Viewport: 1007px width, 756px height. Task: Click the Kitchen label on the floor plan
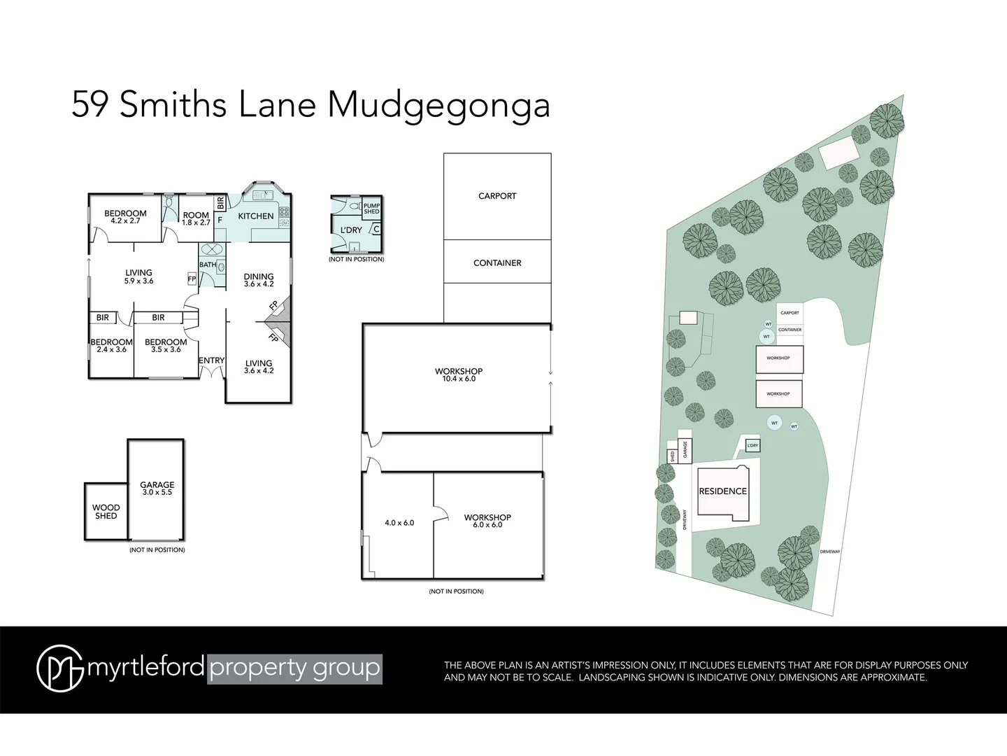pyautogui.click(x=255, y=216)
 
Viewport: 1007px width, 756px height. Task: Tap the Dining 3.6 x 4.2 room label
pyautogui.click(x=258, y=280)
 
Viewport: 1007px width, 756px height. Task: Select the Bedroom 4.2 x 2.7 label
pyautogui.click(x=125, y=217)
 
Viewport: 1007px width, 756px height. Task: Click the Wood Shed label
pyautogui.click(x=106, y=512)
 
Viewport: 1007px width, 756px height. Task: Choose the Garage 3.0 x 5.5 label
pyautogui.click(x=157, y=488)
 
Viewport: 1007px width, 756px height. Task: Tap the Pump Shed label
pyautogui.click(x=371, y=208)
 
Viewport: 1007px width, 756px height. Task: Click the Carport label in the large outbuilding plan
pyautogui.click(x=497, y=196)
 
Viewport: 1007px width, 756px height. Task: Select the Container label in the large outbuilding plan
pyautogui.click(x=497, y=263)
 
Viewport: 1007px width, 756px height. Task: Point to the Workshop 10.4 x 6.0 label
pyautogui.click(x=459, y=374)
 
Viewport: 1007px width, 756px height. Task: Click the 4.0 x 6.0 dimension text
pyautogui.click(x=399, y=522)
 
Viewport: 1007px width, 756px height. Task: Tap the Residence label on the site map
pyautogui.click(x=723, y=491)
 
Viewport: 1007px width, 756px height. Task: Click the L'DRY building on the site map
pyautogui.click(x=752, y=446)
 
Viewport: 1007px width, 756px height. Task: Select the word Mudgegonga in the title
pyautogui.click(x=438, y=106)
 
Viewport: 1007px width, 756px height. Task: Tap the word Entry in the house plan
pyautogui.click(x=211, y=361)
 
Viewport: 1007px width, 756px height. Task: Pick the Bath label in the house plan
pyautogui.click(x=208, y=265)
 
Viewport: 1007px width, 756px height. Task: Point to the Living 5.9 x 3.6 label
pyautogui.click(x=138, y=276)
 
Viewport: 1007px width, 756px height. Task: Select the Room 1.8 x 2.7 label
pyautogui.click(x=196, y=218)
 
